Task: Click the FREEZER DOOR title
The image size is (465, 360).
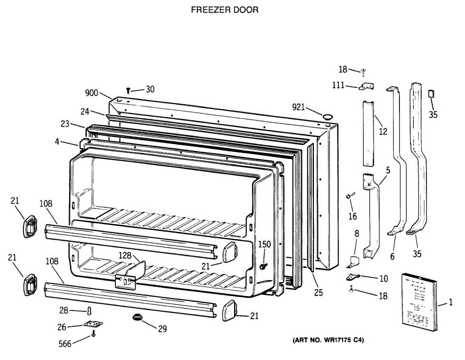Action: click(224, 10)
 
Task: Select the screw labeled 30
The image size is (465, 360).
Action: click(128, 90)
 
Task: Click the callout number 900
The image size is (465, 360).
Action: click(92, 93)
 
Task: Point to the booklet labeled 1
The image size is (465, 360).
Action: click(419, 302)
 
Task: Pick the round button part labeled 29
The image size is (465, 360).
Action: click(137, 317)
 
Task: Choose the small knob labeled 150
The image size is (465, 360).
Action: click(263, 266)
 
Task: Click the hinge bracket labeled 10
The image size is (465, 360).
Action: click(353, 277)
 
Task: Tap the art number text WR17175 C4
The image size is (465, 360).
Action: click(327, 341)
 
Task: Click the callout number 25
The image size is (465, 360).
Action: click(318, 293)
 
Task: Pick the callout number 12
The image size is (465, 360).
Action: click(383, 132)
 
